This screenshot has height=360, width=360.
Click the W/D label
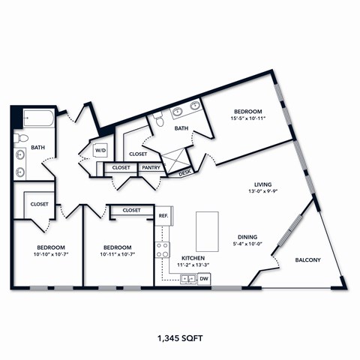(100, 150)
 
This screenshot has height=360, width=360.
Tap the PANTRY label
(151, 168)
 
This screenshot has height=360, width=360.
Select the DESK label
(185, 173)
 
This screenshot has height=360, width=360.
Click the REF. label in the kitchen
(163, 216)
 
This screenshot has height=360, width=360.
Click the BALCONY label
(308, 260)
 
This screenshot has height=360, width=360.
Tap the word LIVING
(262, 184)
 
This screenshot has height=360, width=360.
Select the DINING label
(248, 235)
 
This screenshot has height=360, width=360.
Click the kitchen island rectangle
(207, 231)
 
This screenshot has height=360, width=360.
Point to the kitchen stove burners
(161, 250)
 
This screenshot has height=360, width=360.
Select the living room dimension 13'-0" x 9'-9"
(262, 192)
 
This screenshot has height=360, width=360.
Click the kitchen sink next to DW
(187, 279)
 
